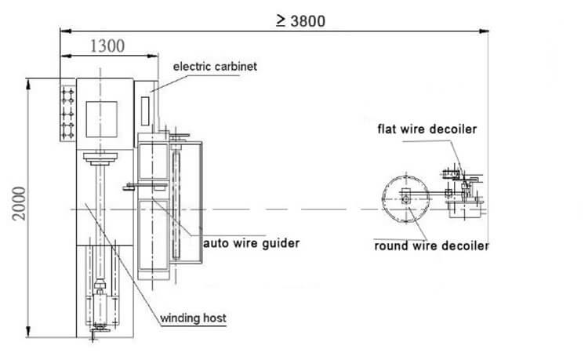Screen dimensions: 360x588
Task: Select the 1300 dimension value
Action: [x=107, y=45]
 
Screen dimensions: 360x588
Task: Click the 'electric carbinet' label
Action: [x=214, y=67]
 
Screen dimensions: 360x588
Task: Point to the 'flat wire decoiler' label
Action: [x=427, y=129]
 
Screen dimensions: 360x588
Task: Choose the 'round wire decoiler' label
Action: [x=431, y=245]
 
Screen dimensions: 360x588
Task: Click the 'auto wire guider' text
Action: [x=251, y=243]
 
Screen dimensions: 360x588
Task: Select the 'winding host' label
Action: [x=194, y=318]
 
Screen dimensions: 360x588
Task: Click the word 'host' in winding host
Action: [x=214, y=318]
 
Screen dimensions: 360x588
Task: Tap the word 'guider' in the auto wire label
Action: [x=280, y=243]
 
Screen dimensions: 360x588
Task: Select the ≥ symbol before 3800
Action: [x=280, y=20]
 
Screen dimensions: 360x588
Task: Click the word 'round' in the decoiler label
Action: [x=390, y=245]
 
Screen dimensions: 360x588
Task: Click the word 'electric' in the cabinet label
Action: [x=192, y=67]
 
